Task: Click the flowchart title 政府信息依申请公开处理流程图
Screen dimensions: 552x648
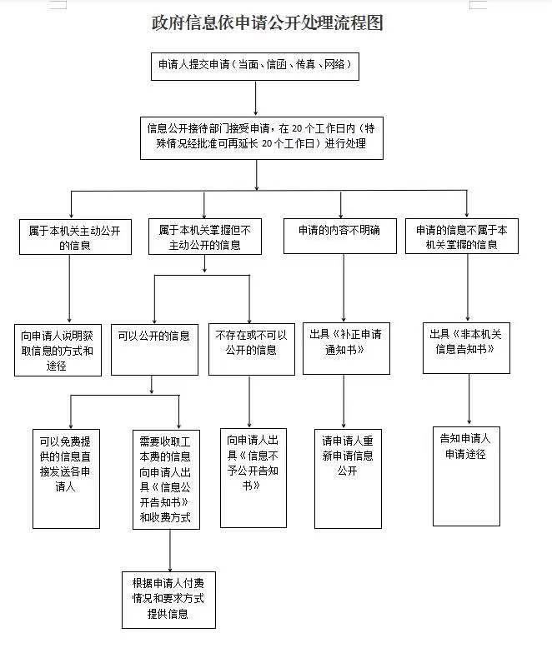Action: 268,22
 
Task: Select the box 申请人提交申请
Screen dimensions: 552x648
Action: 255,67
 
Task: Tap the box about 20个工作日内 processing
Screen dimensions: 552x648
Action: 262,138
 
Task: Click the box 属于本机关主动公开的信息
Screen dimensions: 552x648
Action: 75,237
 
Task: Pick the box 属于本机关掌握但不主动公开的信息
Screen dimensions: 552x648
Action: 205,237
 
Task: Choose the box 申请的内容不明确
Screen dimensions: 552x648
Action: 339,236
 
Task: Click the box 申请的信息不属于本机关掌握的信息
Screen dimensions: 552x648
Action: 462,236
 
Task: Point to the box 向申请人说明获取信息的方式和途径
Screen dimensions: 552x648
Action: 58,350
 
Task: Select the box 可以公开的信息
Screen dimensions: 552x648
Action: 155,350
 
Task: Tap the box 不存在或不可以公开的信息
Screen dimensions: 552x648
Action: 252,349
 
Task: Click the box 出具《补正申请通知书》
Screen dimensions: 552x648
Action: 346,348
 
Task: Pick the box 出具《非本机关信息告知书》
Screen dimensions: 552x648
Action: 466,348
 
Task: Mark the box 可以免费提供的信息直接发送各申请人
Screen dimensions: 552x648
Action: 66,479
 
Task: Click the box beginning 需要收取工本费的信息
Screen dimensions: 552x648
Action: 166,480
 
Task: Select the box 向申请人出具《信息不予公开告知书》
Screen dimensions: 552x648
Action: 253,478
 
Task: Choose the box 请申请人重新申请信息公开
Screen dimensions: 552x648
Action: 348,479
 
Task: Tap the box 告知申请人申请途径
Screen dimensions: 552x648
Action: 466,476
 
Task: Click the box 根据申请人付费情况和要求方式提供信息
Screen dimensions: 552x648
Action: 168,600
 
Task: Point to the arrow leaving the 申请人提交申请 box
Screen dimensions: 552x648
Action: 256,98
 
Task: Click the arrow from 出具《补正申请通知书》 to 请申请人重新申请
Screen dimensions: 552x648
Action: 344,401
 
